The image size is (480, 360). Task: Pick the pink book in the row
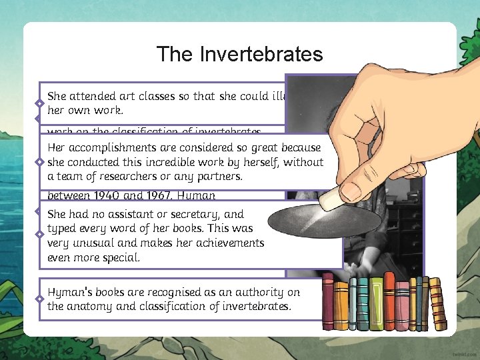(x=403, y=304)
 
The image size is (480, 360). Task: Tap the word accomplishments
(x=108, y=147)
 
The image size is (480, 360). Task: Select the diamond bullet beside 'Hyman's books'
(x=41, y=298)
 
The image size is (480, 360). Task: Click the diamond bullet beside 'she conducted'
(x=41, y=162)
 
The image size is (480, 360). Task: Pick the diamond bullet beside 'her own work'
(x=41, y=104)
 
